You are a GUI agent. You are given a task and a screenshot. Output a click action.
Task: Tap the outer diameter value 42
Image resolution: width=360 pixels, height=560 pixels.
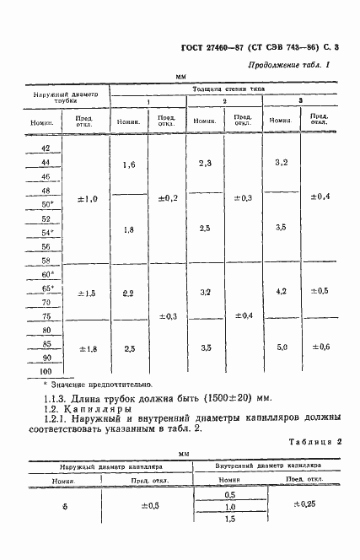[46, 148]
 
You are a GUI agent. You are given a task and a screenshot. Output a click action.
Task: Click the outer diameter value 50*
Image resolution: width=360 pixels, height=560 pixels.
[46, 205]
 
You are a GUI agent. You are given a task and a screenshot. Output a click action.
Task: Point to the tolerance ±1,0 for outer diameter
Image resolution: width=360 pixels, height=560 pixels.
[88, 199]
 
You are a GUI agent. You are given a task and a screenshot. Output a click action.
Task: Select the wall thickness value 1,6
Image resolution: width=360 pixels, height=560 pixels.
[129, 165]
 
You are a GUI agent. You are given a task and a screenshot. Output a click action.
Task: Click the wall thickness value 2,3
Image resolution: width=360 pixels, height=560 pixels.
[205, 163]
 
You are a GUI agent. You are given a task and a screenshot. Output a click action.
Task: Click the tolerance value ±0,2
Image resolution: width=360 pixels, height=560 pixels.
[168, 199]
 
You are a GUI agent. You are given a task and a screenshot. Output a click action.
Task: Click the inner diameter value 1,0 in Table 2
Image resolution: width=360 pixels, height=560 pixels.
[229, 506]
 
